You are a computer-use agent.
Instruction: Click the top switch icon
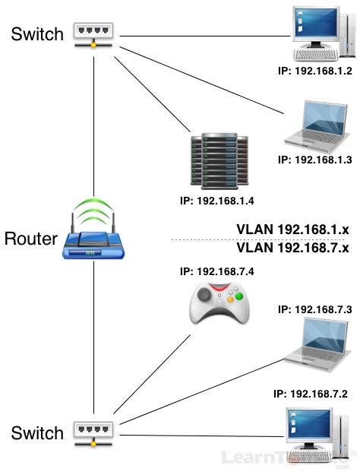[x=93, y=33]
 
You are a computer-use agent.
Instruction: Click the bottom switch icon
[x=93, y=432]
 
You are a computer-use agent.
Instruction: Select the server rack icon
[x=219, y=162]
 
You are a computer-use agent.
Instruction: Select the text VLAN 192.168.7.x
[x=292, y=249]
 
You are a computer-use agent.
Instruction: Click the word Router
[x=30, y=239]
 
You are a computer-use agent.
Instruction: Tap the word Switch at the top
[x=37, y=33]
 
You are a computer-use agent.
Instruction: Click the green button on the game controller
[x=238, y=296]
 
